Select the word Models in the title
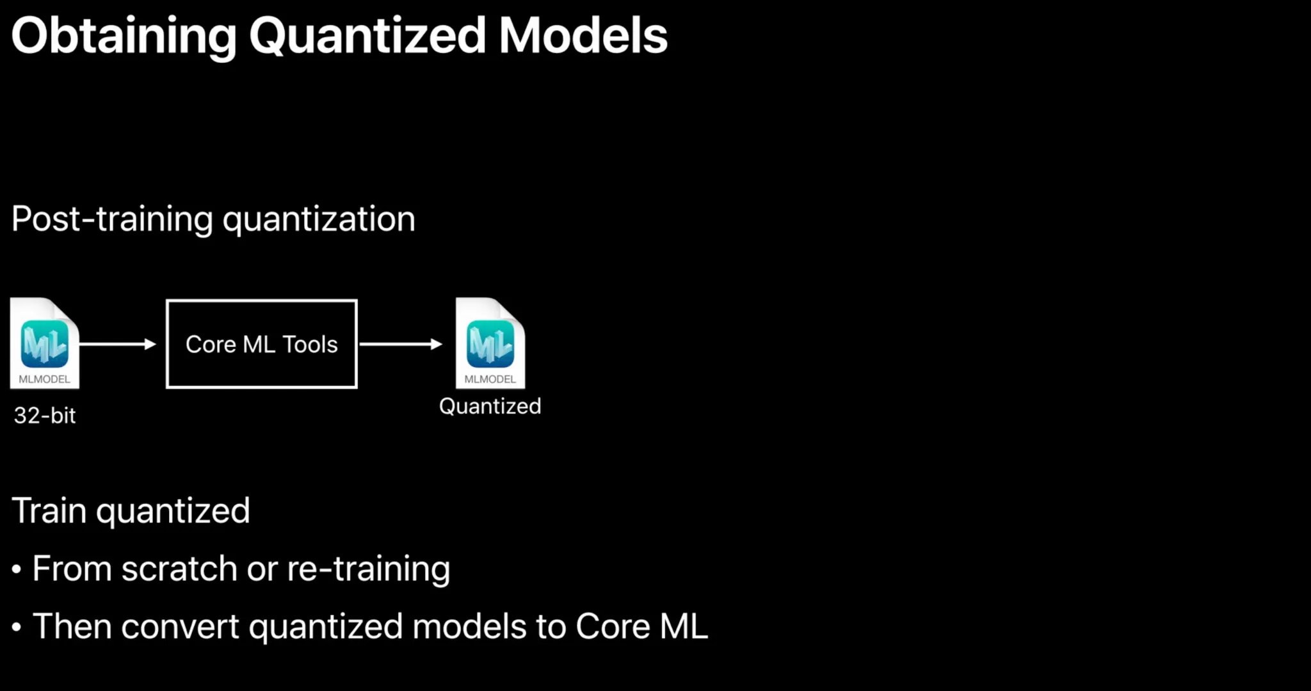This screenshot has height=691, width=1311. click(583, 35)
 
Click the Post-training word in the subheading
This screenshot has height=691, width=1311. click(112, 219)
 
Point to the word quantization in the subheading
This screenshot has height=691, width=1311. click(319, 220)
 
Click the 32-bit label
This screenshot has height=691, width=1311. click(45, 416)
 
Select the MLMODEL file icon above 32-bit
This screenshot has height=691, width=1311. click(45, 343)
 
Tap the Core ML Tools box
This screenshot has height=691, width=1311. click(262, 344)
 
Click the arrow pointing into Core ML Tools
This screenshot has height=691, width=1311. click(118, 344)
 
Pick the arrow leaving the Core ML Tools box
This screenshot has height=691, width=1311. click(401, 344)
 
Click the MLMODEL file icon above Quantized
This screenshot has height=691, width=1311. click(490, 343)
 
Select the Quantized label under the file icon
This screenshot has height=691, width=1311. click(490, 407)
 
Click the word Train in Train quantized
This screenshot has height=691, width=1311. click(49, 511)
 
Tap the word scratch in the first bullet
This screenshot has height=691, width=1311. click(179, 569)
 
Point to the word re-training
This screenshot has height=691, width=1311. click(369, 569)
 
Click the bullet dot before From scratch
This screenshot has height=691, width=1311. click(17, 569)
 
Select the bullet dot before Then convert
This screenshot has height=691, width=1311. click(17, 627)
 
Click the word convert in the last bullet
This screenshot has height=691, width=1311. click(180, 627)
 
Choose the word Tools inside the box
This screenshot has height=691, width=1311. click(310, 345)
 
